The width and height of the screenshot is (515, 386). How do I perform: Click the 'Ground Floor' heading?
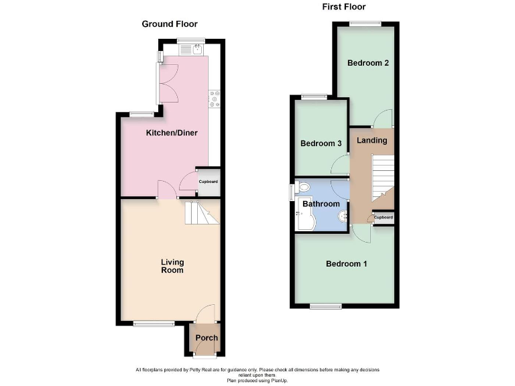click(x=169, y=24)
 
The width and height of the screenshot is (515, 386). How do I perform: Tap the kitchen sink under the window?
click(x=190, y=49)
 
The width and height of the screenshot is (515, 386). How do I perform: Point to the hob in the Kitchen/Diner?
click(x=215, y=99)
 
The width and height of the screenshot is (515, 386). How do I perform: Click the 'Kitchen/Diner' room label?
click(x=172, y=133)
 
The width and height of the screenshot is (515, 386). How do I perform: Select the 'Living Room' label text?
click(x=172, y=266)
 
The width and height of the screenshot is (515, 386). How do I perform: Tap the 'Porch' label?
click(x=206, y=337)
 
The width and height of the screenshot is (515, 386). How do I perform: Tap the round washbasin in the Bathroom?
click(x=343, y=216)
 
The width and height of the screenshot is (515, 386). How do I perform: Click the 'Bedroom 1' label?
click(x=346, y=264)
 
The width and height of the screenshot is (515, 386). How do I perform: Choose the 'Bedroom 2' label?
click(x=368, y=63)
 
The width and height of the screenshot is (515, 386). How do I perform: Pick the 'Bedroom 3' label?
click(x=321, y=143)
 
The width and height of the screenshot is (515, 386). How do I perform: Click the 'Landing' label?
click(x=371, y=141)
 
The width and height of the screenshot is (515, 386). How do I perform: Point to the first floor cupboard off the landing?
click(x=383, y=218)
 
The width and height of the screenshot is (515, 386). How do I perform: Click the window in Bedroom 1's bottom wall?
click(x=326, y=307)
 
